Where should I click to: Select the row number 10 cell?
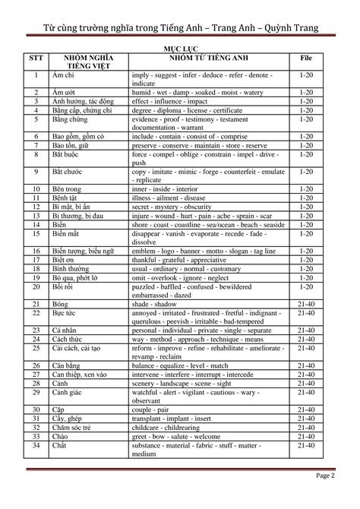tap(36, 188)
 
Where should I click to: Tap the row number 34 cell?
tap(36, 444)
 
